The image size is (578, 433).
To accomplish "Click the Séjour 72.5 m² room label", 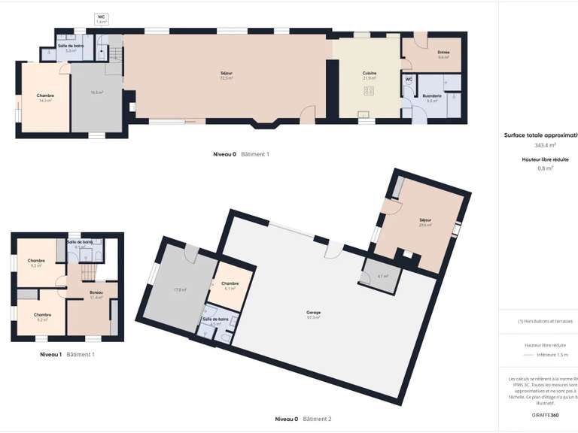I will tap(226, 76).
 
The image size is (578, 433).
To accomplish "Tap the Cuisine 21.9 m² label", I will tap(370, 75).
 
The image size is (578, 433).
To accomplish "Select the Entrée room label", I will tap(443, 54).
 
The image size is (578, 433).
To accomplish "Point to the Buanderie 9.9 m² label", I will tap(432, 98).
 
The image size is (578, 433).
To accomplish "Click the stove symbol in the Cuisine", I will tap(370, 91).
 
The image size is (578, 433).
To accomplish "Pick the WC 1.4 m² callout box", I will tap(102, 20).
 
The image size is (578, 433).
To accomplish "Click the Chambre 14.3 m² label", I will tap(45, 98).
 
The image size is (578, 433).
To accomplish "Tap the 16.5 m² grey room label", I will tap(96, 92).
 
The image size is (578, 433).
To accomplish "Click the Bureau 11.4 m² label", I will tap(96, 295).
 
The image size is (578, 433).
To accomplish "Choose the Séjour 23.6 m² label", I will tap(426, 222).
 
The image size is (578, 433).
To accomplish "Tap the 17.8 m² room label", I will tap(179, 289).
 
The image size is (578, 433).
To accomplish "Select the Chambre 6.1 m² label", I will tap(230, 286).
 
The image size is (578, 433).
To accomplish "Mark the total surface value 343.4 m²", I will tap(545, 145).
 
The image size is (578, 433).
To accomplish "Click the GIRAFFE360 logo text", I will tap(544, 415).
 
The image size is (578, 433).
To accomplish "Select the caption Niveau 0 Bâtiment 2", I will tap(303, 419).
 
